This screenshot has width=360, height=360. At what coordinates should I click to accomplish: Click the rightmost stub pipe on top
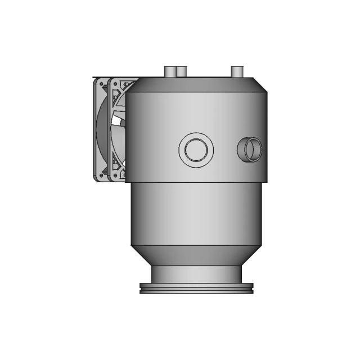tap(237, 71)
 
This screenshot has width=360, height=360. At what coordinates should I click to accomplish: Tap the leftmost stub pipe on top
tap(169, 71)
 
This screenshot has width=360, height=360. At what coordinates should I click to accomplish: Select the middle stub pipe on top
tap(181, 72)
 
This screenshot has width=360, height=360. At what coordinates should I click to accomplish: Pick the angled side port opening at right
tap(249, 150)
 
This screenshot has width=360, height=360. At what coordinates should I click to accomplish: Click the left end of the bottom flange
tap(141, 289)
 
